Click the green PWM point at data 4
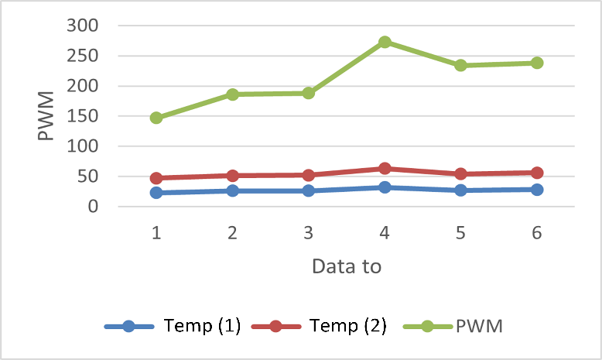[x=385, y=42]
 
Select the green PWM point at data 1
[x=156, y=118]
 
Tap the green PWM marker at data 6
[x=537, y=63]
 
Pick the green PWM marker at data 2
[x=232, y=94]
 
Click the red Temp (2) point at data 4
[x=385, y=168]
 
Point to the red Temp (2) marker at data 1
[x=156, y=178]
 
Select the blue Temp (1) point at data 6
[x=537, y=190]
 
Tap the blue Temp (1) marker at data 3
[x=309, y=190]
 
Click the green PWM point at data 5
[x=460, y=65]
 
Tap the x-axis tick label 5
[x=460, y=231]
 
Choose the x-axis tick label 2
[x=232, y=231]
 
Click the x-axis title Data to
[x=346, y=266]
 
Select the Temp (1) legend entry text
[x=203, y=326]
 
